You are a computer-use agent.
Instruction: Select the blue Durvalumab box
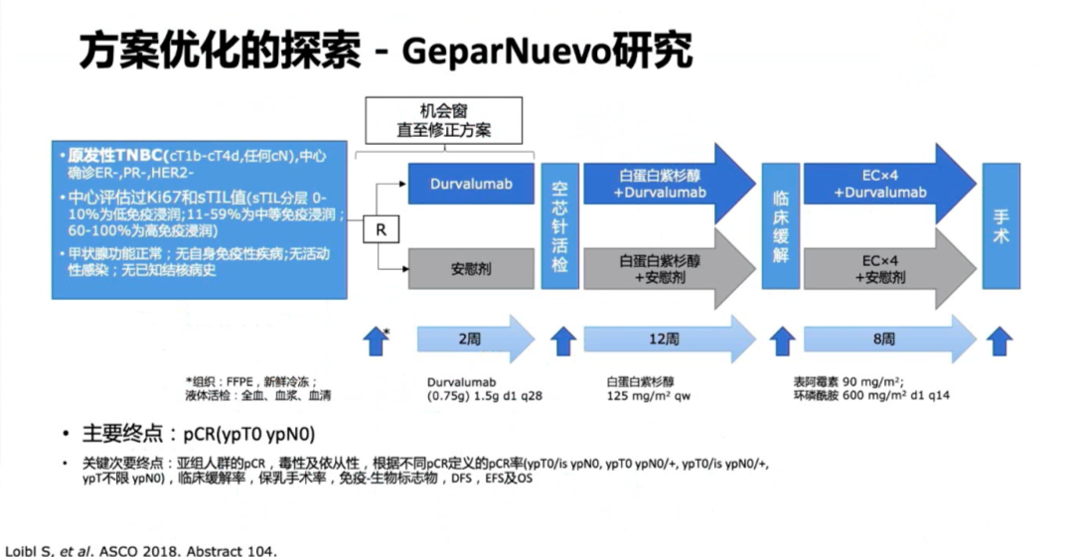coord(470,185)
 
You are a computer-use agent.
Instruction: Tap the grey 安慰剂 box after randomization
coord(470,268)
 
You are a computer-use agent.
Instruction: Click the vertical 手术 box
coord(999,225)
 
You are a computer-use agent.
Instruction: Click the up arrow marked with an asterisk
coord(375,340)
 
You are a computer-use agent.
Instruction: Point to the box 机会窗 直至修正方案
coord(449,121)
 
